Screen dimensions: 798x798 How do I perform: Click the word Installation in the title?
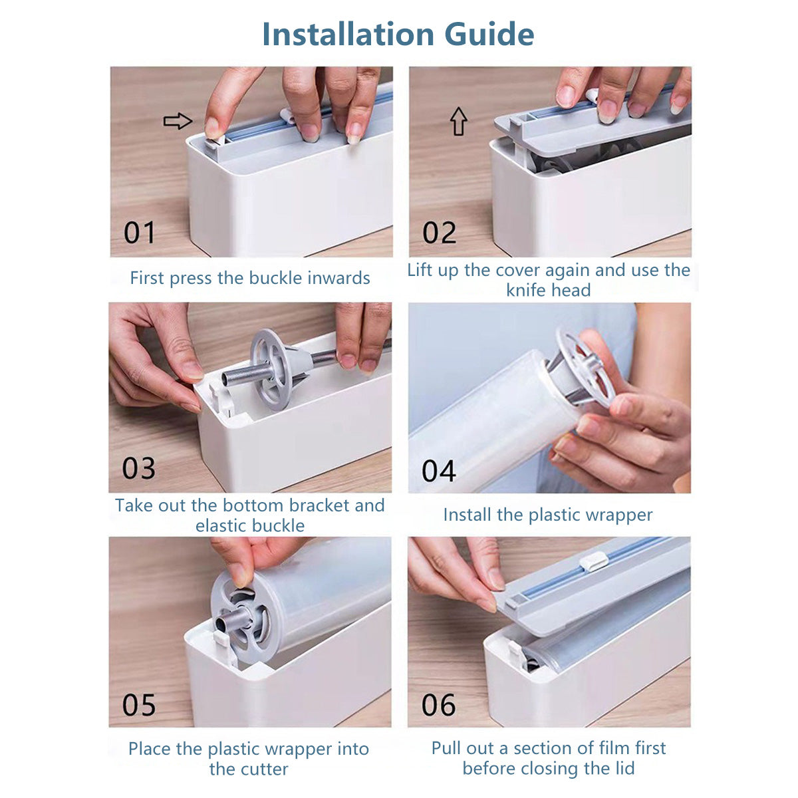pyautogui.click(x=348, y=35)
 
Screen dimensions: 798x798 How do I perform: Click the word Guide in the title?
pyautogui.click(x=489, y=35)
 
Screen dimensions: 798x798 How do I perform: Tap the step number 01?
pyautogui.click(x=139, y=233)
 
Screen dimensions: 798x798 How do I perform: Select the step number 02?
pyautogui.click(x=439, y=233)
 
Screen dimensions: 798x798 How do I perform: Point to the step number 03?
pyautogui.click(x=139, y=468)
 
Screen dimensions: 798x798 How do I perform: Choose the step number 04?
pyautogui.click(x=438, y=471)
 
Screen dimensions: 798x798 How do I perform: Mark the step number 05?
pyautogui.click(x=139, y=705)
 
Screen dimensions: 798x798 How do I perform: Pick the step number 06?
pyautogui.click(x=438, y=705)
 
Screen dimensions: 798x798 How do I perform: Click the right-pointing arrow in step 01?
pyautogui.click(x=178, y=121)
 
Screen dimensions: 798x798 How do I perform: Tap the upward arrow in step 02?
pyautogui.click(x=458, y=121)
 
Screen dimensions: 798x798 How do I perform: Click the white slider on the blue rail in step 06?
pyautogui.click(x=593, y=563)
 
